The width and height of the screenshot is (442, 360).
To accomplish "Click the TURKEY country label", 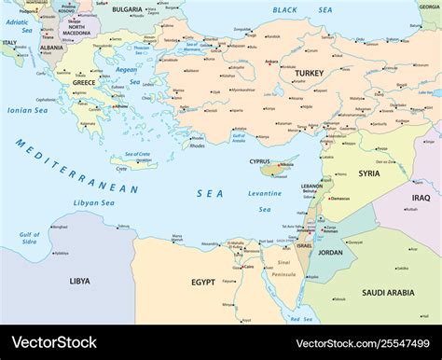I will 309,73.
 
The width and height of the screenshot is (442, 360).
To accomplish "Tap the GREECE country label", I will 84,83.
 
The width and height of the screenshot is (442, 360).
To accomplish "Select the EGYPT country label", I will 203,282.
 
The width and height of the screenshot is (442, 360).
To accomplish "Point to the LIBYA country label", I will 80,280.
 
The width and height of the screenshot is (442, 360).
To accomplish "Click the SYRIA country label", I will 369,173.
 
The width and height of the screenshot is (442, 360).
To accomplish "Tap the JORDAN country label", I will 330,252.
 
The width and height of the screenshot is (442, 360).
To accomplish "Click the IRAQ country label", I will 421,198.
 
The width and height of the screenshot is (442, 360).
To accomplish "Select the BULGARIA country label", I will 126,9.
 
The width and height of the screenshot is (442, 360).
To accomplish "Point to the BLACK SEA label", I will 290,9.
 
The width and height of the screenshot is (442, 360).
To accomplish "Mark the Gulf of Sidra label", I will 29,239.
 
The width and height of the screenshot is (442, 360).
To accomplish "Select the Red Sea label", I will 301,319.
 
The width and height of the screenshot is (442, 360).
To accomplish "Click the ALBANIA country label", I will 52,48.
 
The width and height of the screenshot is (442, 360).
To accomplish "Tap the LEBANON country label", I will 311,186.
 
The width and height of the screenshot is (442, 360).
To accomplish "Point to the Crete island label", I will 121,170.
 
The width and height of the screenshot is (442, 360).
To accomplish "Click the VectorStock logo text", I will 53,342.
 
